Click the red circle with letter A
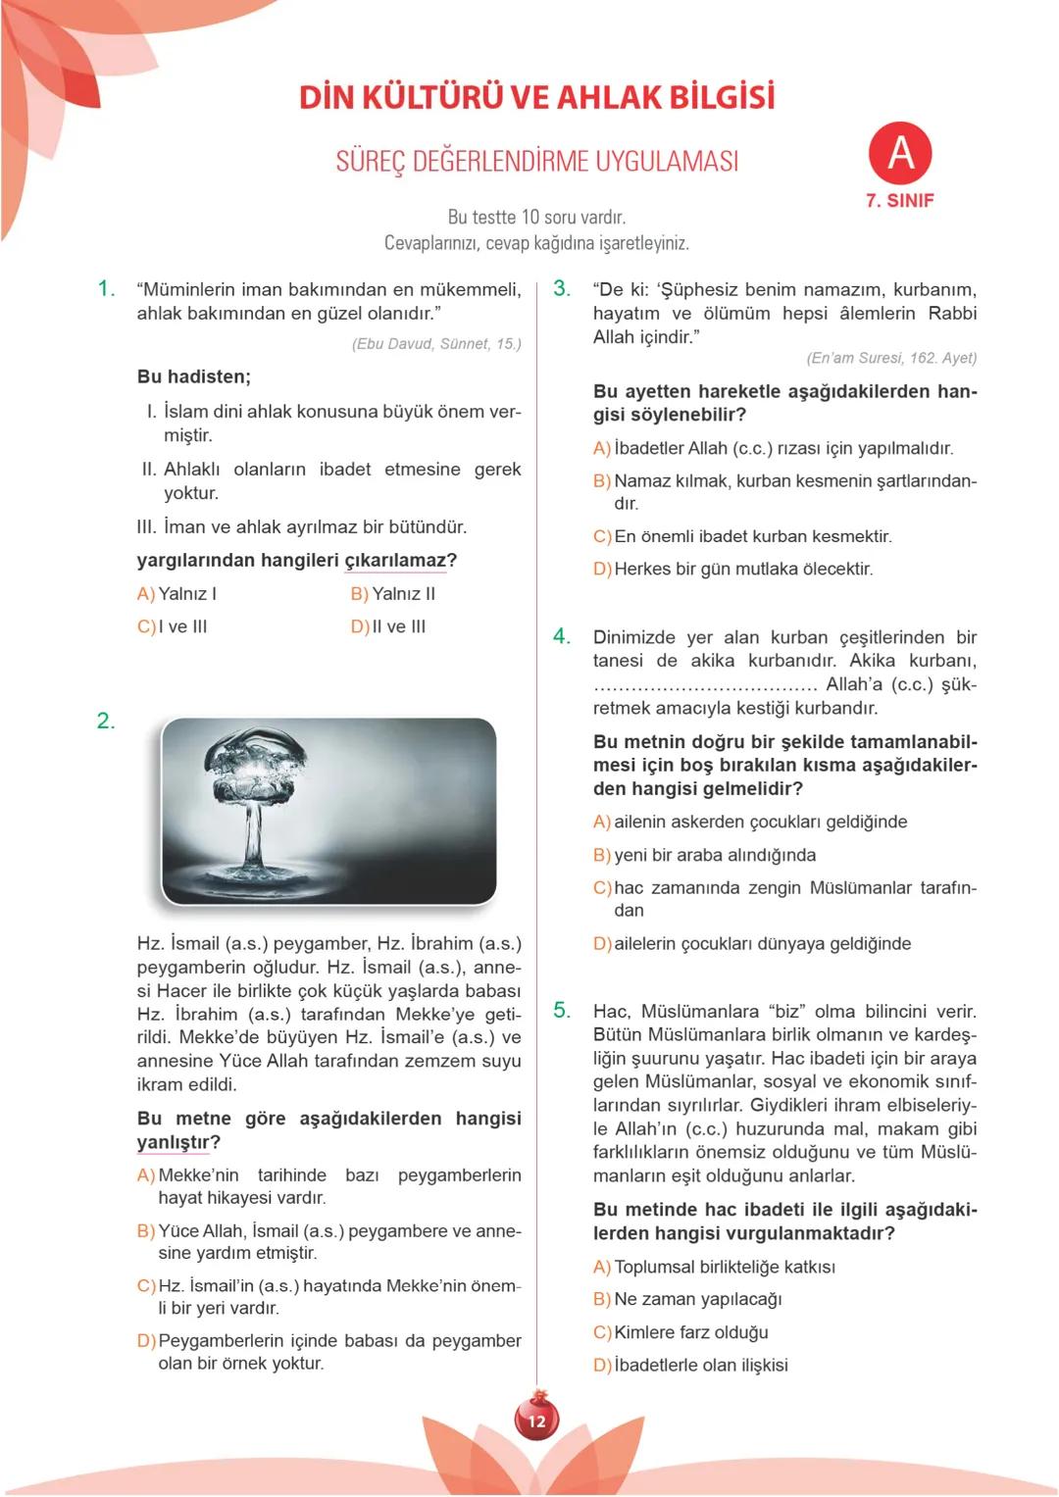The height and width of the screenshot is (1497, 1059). coord(899,153)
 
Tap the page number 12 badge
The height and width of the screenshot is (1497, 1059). coord(536,1421)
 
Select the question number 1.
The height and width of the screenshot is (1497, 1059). coord(107,288)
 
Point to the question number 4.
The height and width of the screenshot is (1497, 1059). coord(562,636)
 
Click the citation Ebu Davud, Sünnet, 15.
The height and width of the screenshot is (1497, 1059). coord(436,343)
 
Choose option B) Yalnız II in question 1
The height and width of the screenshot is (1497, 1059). coord(393,593)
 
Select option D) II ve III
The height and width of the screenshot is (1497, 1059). coord(388,626)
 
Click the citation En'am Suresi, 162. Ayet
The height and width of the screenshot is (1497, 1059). coord(891,358)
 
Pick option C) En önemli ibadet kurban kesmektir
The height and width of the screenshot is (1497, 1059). coord(742,536)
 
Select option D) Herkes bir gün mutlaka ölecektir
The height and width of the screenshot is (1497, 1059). coord(732,569)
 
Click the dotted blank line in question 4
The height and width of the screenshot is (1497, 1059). coord(705,685)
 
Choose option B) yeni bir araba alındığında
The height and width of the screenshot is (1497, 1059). coord(704,855)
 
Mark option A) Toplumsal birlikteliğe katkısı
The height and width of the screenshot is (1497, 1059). coord(714,1267)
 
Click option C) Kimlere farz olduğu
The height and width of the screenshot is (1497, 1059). coord(681,1332)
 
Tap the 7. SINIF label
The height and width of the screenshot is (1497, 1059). coord(899,200)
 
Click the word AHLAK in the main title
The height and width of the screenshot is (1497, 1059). coord(607,97)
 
